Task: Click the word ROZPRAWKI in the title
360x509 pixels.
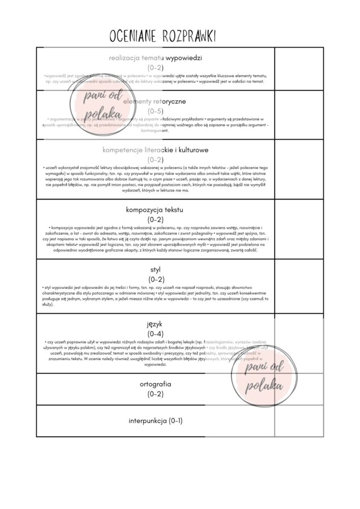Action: coord(188,36)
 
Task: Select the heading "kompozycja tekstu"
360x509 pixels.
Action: coord(156,209)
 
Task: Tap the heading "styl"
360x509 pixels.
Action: coord(156,269)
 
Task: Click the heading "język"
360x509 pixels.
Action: coord(156,323)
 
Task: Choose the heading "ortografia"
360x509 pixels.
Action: coord(156,384)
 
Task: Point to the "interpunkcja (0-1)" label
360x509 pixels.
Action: coord(156,421)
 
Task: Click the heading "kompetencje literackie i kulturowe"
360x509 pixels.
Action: coord(156,150)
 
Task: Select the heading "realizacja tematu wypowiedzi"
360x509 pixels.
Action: coord(156,58)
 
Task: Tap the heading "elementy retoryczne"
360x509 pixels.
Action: coord(156,101)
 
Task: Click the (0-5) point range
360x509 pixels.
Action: coord(156,111)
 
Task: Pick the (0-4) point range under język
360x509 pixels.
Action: coord(156,334)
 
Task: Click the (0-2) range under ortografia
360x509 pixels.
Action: coord(156,394)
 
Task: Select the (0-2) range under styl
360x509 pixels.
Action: coord(156,279)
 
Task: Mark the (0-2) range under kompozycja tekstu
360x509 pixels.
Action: coord(156,219)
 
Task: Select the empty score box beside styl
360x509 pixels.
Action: coord(299,286)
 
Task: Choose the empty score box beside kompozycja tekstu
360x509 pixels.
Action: coord(299,229)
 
